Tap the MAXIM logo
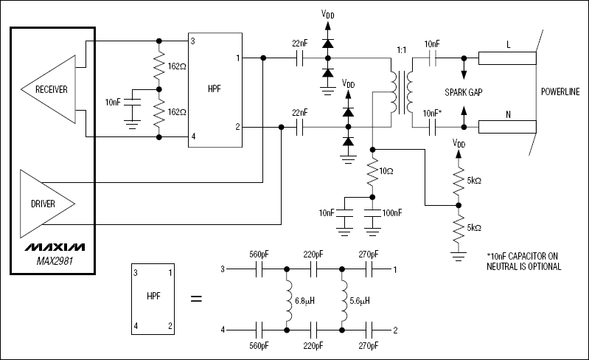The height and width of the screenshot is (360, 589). (x=53, y=246)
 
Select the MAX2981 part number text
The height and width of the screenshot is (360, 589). (x=53, y=260)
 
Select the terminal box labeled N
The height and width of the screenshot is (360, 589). (x=506, y=128)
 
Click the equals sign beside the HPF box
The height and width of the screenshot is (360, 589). (x=196, y=299)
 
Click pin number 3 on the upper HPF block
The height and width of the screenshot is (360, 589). (x=193, y=41)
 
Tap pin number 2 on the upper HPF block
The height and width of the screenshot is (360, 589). (x=237, y=127)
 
